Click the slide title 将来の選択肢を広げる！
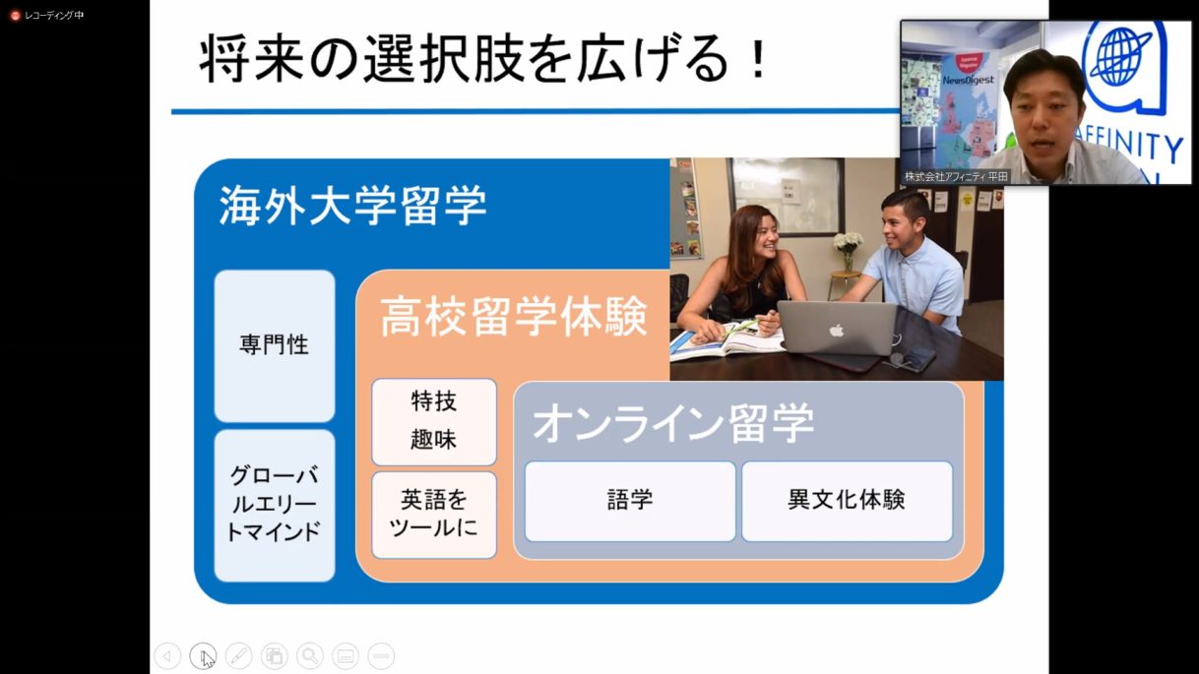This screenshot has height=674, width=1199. (x=484, y=58)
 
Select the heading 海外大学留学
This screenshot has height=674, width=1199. (x=352, y=206)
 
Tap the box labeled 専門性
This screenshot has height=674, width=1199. (x=275, y=346)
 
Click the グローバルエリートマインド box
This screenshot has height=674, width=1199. (x=275, y=506)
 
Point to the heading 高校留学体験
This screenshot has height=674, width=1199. (x=514, y=317)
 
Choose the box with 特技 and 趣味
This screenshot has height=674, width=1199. (x=434, y=422)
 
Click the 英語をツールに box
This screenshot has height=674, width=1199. (x=434, y=516)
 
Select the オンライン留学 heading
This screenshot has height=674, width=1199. (x=673, y=423)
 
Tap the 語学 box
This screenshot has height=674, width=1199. (x=630, y=501)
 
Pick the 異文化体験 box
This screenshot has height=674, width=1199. (x=847, y=501)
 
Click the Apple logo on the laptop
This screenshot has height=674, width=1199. (x=836, y=331)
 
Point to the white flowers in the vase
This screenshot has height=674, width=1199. (x=848, y=242)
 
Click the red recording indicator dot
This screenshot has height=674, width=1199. (x=15, y=16)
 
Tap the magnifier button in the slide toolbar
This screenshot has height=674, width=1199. (x=310, y=656)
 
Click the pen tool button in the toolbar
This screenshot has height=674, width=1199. (x=239, y=656)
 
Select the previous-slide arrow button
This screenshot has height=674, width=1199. (x=167, y=656)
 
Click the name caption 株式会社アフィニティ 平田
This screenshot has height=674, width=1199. (x=956, y=176)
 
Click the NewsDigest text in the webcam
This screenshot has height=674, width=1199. (x=969, y=81)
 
